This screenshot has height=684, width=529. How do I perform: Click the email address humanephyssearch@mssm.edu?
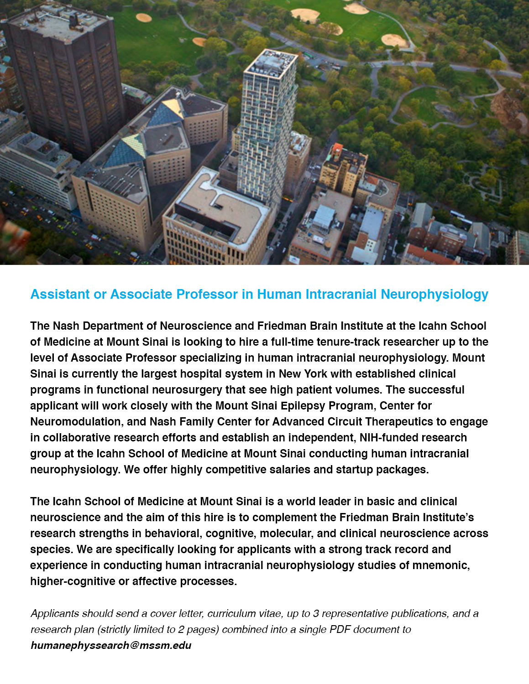[111, 645]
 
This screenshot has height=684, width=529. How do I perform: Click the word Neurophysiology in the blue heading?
[435, 295]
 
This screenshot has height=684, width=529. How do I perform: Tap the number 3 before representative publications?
[316, 613]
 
